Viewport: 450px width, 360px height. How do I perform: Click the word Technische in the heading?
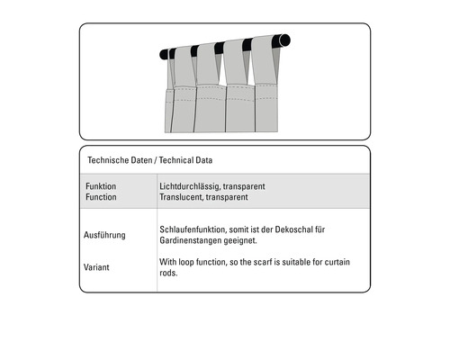[x=109, y=160]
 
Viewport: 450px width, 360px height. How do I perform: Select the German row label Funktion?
[x=101, y=186]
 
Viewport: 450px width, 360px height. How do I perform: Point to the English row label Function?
[x=101, y=196]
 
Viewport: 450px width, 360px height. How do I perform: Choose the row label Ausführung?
[x=105, y=235]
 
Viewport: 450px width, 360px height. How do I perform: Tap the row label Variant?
[x=97, y=266]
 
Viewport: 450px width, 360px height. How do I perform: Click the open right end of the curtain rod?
[x=285, y=40]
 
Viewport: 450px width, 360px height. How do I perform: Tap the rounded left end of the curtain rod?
[x=165, y=54]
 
